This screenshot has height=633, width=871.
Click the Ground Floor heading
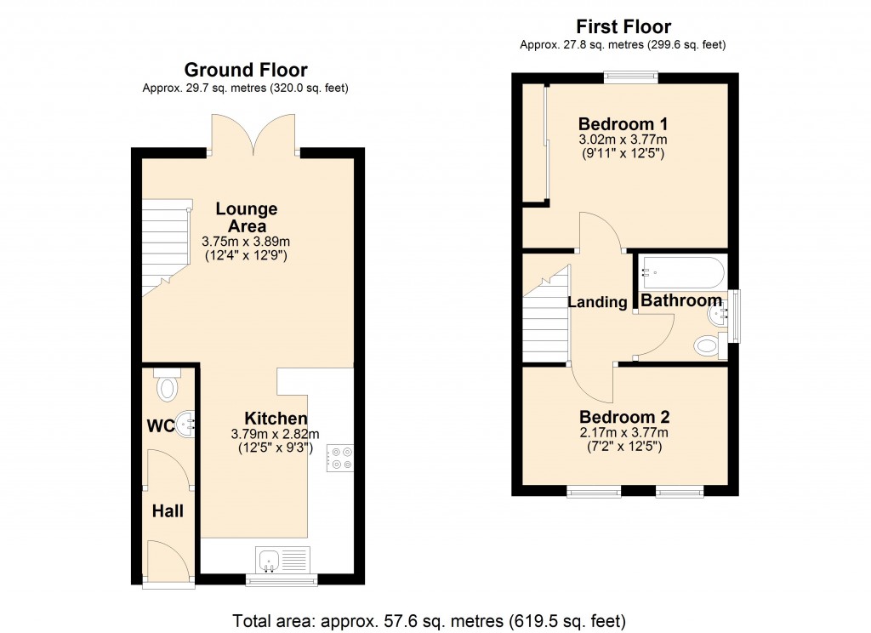[246, 70]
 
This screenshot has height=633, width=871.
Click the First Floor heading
[623, 26]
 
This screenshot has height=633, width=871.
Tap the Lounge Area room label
[247, 217]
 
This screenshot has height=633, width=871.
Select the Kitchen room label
[276, 419]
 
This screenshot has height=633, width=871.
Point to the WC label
[162, 425]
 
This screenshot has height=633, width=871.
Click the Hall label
[168, 511]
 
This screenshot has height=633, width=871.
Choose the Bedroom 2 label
[624, 417]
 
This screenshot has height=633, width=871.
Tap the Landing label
[597, 301]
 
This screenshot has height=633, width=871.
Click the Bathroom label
[680, 300]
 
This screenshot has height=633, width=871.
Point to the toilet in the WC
[168, 387]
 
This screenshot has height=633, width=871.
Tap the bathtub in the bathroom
[683, 272]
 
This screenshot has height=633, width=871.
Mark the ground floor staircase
[163, 245]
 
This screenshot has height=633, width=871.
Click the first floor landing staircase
[545, 319]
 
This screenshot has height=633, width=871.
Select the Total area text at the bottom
[429, 620]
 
